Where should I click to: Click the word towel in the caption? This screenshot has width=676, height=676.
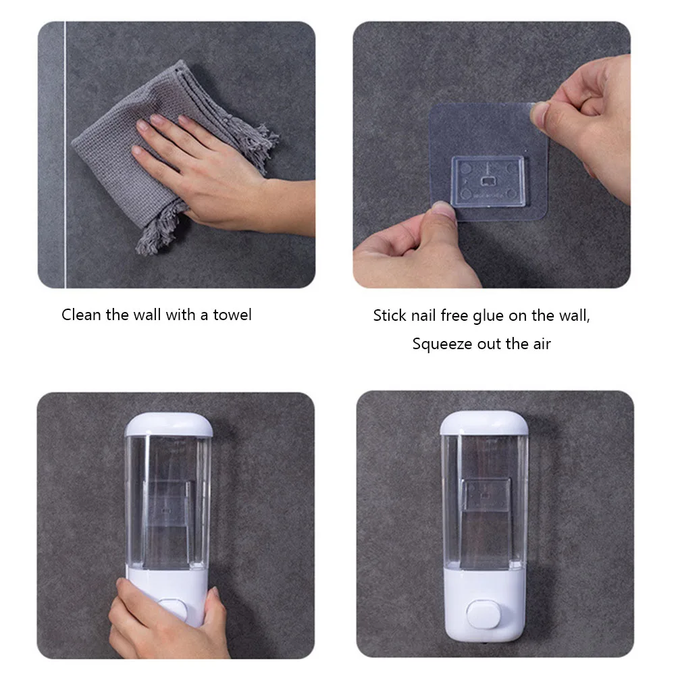coord(232,315)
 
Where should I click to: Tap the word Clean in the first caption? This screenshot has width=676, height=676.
coord(82,315)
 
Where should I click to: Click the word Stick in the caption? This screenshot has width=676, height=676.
coord(390,315)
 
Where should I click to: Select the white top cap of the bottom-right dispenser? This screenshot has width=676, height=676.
coord(484,423)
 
